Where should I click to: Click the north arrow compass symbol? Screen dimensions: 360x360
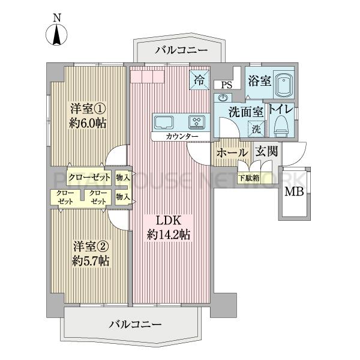(x=56, y=34)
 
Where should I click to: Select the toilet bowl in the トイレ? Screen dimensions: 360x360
(x=282, y=127)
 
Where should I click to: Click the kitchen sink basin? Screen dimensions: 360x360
(x=164, y=122)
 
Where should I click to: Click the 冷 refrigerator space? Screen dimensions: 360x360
(x=199, y=80)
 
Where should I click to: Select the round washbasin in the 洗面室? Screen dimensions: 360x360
(x=223, y=98)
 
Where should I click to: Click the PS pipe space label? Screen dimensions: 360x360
(x=227, y=85)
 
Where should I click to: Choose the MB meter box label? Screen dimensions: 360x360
(x=294, y=191)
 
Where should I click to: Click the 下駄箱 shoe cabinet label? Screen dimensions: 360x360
(x=249, y=178)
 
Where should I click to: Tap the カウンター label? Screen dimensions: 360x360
(x=182, y=137)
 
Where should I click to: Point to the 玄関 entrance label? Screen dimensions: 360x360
(x=267, y=151)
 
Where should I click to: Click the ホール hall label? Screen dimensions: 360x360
(x=232, y=152)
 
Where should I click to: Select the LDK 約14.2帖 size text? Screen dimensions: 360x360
(x=168, y=235)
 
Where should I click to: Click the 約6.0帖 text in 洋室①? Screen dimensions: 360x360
(x=88, y=124)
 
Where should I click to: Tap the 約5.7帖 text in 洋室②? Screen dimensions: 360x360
(x=91, y=261)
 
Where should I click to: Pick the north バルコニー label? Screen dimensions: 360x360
(x=181, y=50)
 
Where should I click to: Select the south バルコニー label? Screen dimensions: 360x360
(x=135, y=324)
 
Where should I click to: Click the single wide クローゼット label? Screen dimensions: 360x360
(x=89, y=178)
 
